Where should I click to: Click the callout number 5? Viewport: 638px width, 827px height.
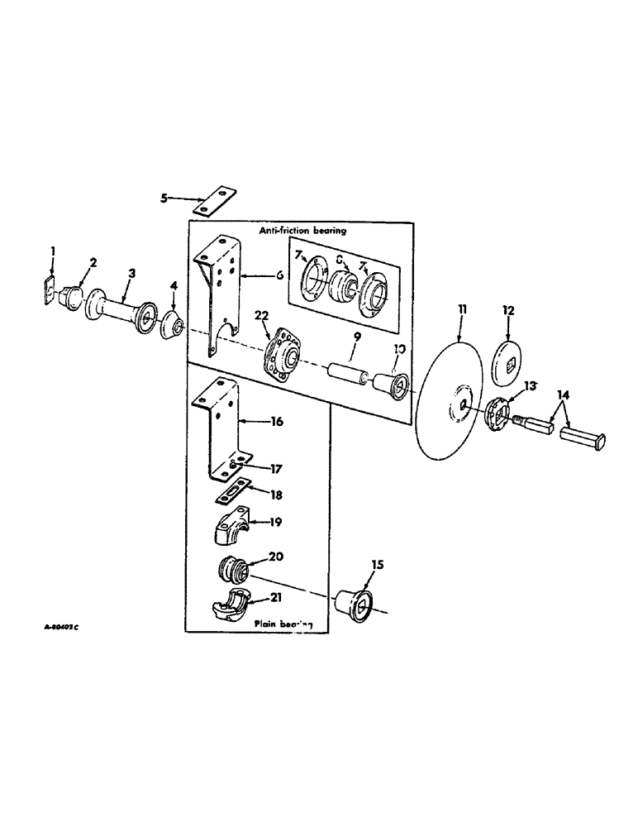tap(163, 198)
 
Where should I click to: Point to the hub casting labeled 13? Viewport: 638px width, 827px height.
tap(496, 412)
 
